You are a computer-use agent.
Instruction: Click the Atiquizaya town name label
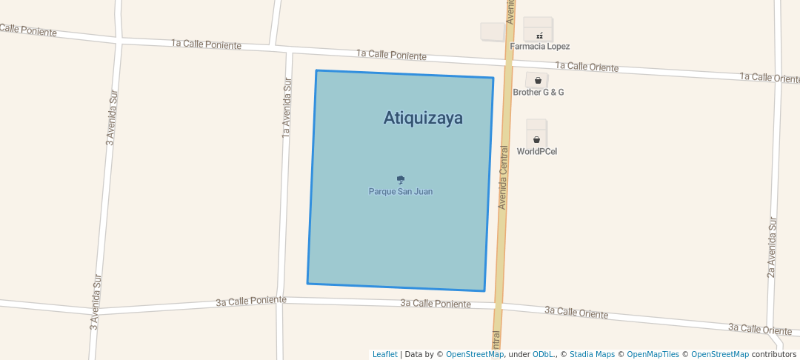pos(423,118)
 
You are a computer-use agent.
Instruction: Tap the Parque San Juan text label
pos(401,192)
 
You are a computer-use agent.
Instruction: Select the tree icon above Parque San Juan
pos(401,179)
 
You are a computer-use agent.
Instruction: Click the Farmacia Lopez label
pos(539,46)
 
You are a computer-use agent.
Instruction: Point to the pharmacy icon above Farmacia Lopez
pos(539,36)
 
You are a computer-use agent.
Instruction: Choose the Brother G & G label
pos(539,93)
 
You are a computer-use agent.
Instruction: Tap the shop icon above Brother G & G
pos(538,80)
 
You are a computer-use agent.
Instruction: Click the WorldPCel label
pos(537,152)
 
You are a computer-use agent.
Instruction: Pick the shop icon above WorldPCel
pos(537,139)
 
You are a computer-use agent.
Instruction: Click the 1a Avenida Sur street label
pos(287,108)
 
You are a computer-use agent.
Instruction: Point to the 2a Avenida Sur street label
pos(771,247)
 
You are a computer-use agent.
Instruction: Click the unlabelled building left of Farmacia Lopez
pos(493,31)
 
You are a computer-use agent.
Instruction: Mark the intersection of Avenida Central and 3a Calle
pos(498,304)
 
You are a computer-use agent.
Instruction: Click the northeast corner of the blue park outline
pos(493,78)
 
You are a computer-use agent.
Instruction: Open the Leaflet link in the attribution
pos(384,355)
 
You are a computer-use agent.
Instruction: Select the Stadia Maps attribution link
pos(592,355)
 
